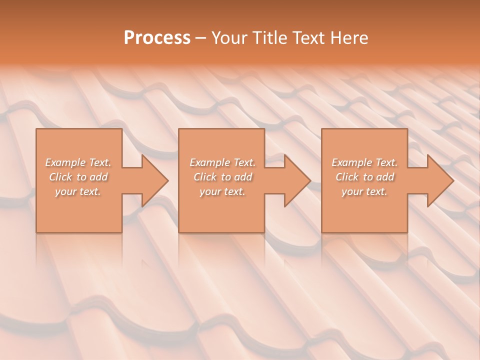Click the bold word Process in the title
[157, 38]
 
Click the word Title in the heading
[269, 38]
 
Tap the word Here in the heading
[349, 38]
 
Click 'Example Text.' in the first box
[78, 162]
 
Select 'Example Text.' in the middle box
[222, 162]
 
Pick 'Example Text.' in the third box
[364, 162]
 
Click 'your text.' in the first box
[78, 191]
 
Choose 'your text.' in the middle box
[222, 191]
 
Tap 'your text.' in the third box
[364, 191]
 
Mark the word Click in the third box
[347, 177]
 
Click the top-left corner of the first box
[36, 129]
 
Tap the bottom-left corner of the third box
[322, 232]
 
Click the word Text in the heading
[307, 38]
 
